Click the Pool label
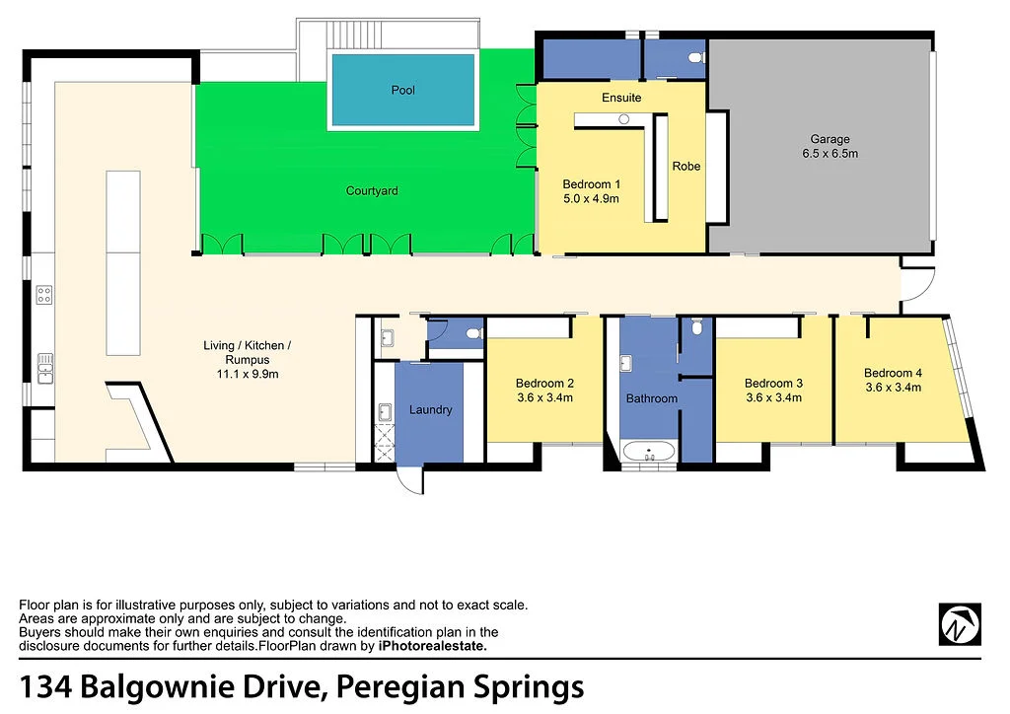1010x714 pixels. pos(402,90)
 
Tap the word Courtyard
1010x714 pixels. pos(372,190)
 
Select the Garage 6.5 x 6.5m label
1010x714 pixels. pos(830,147)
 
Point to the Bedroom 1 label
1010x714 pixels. pos(590,191)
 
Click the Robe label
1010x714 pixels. pos(685,166)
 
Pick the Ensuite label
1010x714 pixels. pos(621,98)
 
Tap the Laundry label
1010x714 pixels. pos(430,409)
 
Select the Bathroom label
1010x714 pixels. pos(651,398)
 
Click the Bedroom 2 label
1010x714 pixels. pos(544,391)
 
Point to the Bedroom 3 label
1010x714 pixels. pos(773,391)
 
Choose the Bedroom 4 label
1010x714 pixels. pos(893,380)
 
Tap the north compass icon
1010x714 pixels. pos(960,623)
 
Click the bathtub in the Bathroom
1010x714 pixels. pos(649,454)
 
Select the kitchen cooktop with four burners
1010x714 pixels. pos(44,294)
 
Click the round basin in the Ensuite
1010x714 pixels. pos(623,118)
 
